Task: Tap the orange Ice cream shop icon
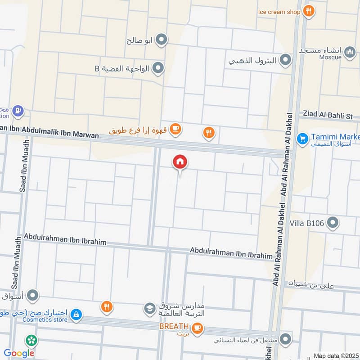pos(308,11)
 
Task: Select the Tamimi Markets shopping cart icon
pos(302,139)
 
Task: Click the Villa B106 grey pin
pos(333,222)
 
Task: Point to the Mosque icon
pos(350,54)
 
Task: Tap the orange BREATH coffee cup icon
pos(197,329)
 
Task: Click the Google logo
pos(19,353)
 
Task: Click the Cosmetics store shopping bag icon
pos(76,314)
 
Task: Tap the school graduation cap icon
pos(149,309)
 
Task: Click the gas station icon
pos(18,110)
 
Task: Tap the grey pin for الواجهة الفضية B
pos(158,68)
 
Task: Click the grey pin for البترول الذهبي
pos(285,60)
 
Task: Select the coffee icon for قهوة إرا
pos(176,130)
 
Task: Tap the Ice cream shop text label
pos(279,12)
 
